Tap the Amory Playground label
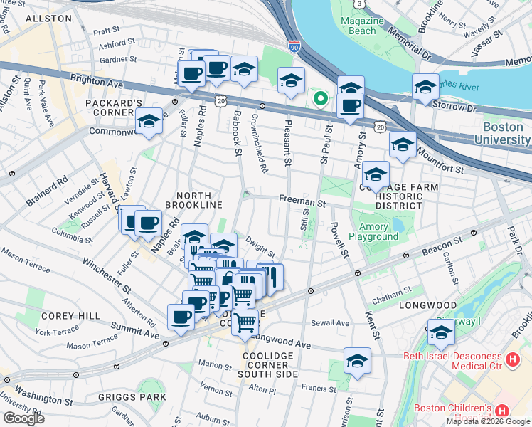point(373,231)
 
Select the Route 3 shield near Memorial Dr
point(360,4)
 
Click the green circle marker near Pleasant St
point(321,99)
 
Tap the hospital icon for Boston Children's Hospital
point(502,411)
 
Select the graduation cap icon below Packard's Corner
point(149,122)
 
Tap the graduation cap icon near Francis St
point(357,360)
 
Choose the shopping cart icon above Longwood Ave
point(245,322)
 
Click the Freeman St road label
point(302,203)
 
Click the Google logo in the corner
point(23,418)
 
